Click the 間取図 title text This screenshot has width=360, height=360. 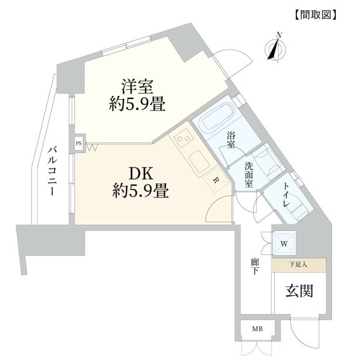(x=315, y=15)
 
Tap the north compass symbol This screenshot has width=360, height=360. (x=275, y=48)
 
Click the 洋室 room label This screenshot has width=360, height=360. (x=137, y=87)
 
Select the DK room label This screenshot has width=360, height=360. (x=141, y=174)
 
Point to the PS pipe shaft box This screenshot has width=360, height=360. (x=79, y=144)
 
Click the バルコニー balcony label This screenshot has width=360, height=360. (x=52, y=172)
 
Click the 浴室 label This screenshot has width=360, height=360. (x=231, y=139)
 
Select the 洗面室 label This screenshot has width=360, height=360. (x=249, y=174)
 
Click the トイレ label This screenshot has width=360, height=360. (x=286, y=195)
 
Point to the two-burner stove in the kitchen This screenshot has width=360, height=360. (x=183, y=139)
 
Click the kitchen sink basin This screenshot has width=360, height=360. (x=198, y=160)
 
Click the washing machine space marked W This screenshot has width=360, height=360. (x=284, y=244)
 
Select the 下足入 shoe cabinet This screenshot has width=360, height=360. (x=298, y=265)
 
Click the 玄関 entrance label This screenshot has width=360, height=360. (x=300, y=291)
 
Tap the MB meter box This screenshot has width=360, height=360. (x=258, y=329)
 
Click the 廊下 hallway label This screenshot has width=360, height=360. (x=254, y=267)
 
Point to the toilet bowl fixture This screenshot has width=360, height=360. (x=300, y=211)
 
